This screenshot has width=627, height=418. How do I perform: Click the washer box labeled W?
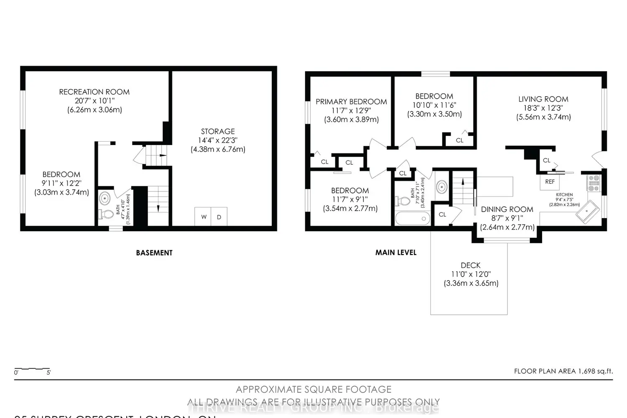point(204,217)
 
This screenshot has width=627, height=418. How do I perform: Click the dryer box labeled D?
point(219,217)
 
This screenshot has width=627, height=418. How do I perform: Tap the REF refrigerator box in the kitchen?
point(550,181)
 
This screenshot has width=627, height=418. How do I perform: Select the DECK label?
point(471,265)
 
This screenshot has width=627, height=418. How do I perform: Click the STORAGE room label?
point(218,131)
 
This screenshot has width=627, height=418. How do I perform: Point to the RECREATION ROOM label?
point(94,92)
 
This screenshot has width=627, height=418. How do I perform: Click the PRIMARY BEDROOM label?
point(351,102)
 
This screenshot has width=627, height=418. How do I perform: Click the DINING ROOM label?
point(507,209)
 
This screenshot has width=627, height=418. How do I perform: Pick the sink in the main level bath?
point(441,187)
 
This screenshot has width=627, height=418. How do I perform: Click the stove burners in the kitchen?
point(594,183)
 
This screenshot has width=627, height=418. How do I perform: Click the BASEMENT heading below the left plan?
point(154,253)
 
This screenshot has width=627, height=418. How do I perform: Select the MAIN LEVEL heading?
point(396,252)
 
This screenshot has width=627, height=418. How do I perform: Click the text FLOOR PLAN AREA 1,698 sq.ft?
point(563,371)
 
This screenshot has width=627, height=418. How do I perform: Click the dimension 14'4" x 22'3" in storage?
point(218,140)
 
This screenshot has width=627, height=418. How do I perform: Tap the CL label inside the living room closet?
point(546,161)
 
